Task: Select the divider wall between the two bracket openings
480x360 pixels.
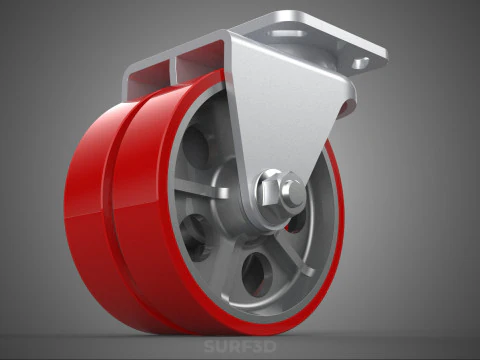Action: coord(174,66)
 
